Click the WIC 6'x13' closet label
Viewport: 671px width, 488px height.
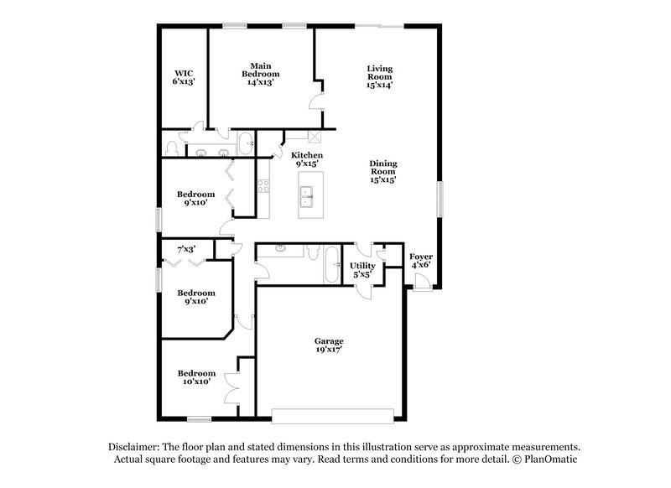(184, 77)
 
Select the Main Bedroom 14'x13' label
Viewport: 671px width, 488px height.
(260, 74)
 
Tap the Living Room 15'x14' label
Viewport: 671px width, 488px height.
(379, 76)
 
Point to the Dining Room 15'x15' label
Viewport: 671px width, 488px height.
(382, 171)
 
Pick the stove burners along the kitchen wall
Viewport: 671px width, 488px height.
(263, 188)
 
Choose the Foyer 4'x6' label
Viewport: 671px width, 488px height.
(420, 261)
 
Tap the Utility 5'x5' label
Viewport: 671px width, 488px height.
(362, 270)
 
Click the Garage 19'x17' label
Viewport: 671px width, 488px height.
(329, 345)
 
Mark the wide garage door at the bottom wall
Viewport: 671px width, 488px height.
(332, 415)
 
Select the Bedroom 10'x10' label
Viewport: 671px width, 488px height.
(195, 377)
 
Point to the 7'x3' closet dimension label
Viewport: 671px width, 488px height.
(186, 249)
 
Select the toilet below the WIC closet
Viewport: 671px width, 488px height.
(172, 148)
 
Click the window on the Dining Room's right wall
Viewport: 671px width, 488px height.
(439, 201)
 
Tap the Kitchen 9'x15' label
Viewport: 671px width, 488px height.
(307, 159)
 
